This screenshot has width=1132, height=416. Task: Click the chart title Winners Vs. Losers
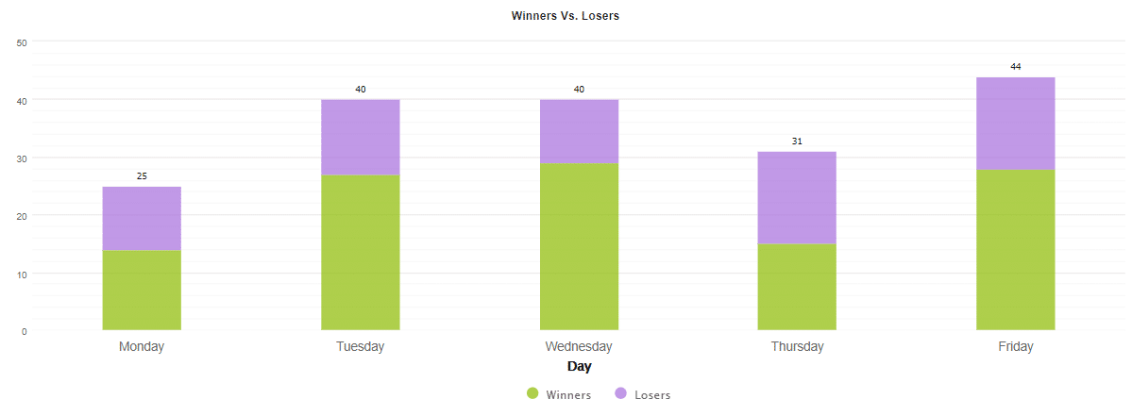pyautogui.click(x=565, y=16)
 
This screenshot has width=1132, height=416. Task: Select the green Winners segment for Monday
pyautogui.click(x=142, y=290)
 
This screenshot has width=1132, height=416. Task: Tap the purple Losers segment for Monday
pyautogui.click(x=142, y=218)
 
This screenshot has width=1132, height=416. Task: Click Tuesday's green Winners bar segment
pyautogui.click(x=360, y=252)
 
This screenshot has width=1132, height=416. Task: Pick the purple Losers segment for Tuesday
pyautogui.click(x=360, y=137)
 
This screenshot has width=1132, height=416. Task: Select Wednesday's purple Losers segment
pyautogui.click(x=579, y=131)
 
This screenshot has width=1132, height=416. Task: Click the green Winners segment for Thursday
pyautogui.click(x=797, y=287)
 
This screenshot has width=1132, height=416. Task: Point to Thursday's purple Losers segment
pyautogui.click(x=797, y=197)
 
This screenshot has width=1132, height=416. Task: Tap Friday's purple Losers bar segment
pyautogui.click(x=1015, y=123)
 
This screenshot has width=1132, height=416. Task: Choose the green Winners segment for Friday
pyautogui.click(x=1015, y=249)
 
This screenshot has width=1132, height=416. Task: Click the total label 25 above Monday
pyautogui.click(x=142, y=176)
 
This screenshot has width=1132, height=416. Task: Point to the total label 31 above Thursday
pyautogui.click(x=797, y=141)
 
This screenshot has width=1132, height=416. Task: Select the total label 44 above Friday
pyautogui.click(x=1015, y=67)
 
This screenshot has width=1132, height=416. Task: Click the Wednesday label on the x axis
pyautogui.click(x=579, y=346)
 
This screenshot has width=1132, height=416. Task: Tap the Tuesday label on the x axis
pyautogui.click(x=360, y=346)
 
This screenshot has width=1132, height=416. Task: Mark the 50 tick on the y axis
pyautogui.click(x=22, y=42)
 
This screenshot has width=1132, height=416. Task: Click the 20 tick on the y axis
pyautogui.click(x=22, y=216)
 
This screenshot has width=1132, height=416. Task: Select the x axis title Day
pyautogui.click(x=579, y=366)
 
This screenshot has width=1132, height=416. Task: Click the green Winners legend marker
pyautogui.click(x=532, y=393)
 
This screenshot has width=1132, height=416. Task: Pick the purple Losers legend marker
pyautogui.click(x=621, y=393)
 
